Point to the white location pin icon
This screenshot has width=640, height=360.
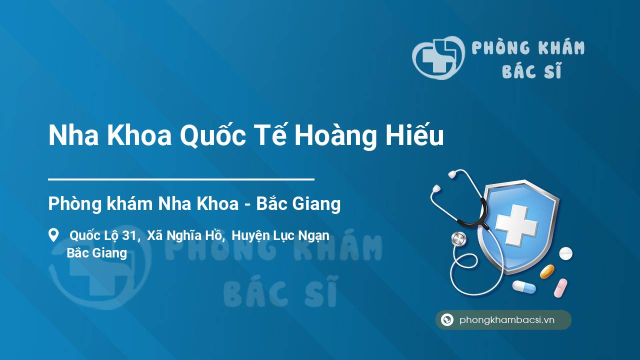(x=53, y=235)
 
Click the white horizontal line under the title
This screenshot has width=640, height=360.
(x=181, y=178)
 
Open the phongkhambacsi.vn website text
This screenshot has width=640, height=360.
(x=507, y=320)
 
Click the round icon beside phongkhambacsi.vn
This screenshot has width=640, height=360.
(x=447, y=320)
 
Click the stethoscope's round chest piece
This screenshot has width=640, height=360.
(x=458, y=239)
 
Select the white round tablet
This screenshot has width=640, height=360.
(x=565, y=253)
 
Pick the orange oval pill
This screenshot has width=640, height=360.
(x=547, y=271)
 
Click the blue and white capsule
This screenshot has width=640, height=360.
(x=523, y=287)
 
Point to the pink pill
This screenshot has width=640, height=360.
(x=560, y=287)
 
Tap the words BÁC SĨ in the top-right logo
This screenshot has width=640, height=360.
(x=531, y=71)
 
